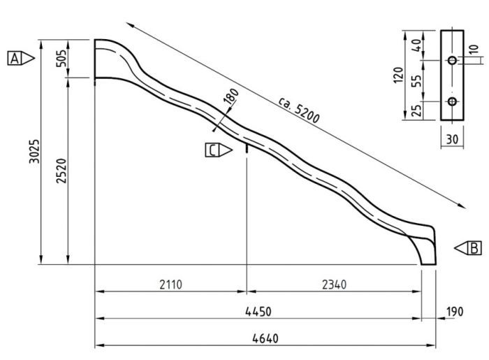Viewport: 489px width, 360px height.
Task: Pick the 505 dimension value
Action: tap(61, 59)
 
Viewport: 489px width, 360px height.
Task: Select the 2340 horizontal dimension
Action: tap(333, 285)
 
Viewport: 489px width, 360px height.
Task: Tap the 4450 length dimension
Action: tap(258, 311)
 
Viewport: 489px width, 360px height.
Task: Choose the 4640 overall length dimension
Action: tap(265, 338)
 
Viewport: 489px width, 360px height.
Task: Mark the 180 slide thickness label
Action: tap(231, 97)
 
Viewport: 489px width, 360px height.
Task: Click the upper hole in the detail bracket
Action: tap(452, 61)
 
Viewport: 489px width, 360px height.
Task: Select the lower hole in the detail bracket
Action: tap(452, 103)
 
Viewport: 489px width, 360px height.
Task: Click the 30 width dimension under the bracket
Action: tap(452, 139)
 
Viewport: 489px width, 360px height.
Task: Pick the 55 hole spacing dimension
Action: tap(417, 82)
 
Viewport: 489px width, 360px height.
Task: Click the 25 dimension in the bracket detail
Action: tap(417, 110)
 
